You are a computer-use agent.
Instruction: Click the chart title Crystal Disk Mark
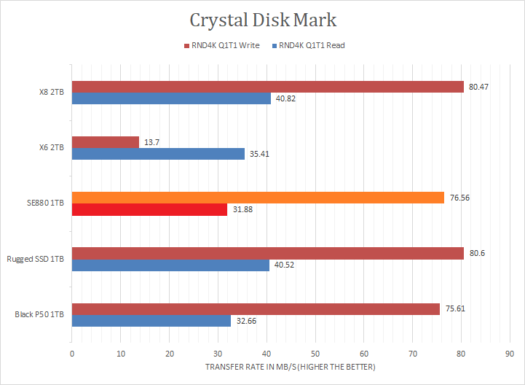(x=263, y=20)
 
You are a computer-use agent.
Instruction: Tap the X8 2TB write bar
(x=267, y=87)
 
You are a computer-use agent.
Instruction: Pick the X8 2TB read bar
(x=170, y=98)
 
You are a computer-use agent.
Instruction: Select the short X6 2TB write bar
(x=105, y=142)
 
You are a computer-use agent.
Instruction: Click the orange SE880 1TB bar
(x=258, y=198)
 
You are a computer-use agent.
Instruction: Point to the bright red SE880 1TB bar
(x=149, y=209)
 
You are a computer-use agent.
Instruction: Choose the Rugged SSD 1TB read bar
(x=170, y=265)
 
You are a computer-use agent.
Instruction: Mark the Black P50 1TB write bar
(x=256, y=308)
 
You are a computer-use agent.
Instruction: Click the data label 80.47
(x=478, y=87)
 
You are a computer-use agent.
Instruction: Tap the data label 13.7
(x=151, y=142)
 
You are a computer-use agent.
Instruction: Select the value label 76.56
(x=459, y=198)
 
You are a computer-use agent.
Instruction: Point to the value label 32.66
(x=245, y=320)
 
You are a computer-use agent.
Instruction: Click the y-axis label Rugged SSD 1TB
(x=35, y=259)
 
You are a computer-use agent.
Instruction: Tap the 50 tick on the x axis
(x=315, y=354)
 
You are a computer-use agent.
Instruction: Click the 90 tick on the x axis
(x=510, y=354)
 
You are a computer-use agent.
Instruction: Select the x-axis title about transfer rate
(x=291, y=367)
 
